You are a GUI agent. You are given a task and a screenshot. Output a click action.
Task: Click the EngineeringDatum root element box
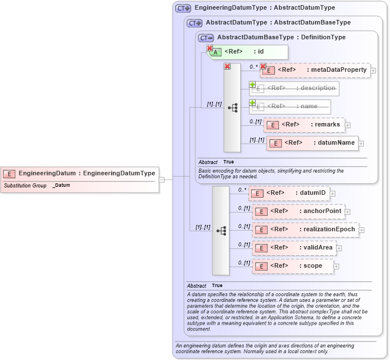[x=80, y=173]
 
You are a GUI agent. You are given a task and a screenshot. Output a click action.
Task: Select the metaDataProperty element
[x=315, y=70]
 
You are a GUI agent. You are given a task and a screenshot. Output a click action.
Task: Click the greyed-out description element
[x=294, y=88]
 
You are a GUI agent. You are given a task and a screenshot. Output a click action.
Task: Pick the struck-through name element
[x=290, y=107]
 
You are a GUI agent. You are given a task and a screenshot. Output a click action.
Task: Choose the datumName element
[x=313, y=143]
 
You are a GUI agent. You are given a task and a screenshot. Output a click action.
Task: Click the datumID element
[x=289, y=193]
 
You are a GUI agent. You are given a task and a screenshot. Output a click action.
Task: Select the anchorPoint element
[x=298, y=211]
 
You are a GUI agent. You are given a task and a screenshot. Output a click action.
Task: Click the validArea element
[x=294, y=248]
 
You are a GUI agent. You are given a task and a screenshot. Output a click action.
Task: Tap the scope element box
[x=293, y=266]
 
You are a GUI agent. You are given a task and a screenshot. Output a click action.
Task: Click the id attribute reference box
[x=247, y=52]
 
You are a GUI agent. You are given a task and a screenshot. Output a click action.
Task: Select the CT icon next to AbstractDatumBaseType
[x=206, y=38]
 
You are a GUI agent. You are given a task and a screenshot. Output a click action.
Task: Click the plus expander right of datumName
[x=361, y=144]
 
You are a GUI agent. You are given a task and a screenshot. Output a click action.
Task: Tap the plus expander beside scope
[x=336, y=266]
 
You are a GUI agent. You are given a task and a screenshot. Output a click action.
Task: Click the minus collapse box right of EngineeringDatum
[x=162, y=179]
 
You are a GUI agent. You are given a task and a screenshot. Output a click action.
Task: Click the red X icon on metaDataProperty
[x=263, y=66]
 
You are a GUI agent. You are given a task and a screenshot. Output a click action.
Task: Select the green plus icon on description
[x=252, y=84]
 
